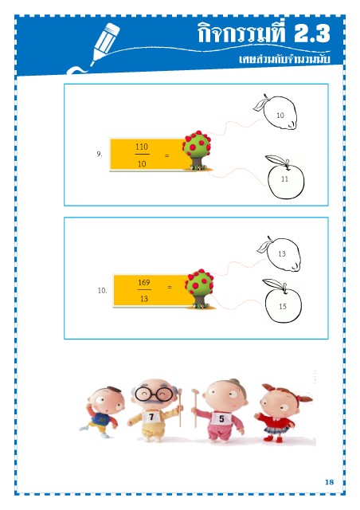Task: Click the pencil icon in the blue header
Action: click(x=104, y=44)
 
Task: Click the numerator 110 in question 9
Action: click(x=142, y=147)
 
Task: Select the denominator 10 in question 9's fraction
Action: click(x=142, y=163)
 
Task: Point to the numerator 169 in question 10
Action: click(x=144, y=282)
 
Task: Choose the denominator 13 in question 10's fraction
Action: click(x=144, y=299)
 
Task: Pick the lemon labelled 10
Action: click(x=277, y=112)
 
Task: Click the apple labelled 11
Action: click(x=285, y=177)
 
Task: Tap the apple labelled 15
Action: click(x=282, y=301)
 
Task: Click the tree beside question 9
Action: click(x=197, y=151)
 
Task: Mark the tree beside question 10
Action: click(x=200, y=288)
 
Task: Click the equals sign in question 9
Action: click(x=166, y=156)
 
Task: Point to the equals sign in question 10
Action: click(x=170, y=287)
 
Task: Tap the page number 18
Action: click(x=330, y=482)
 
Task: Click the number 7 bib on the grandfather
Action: click(x=151, y=417)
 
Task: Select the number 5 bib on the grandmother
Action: click(x=221, y=418)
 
